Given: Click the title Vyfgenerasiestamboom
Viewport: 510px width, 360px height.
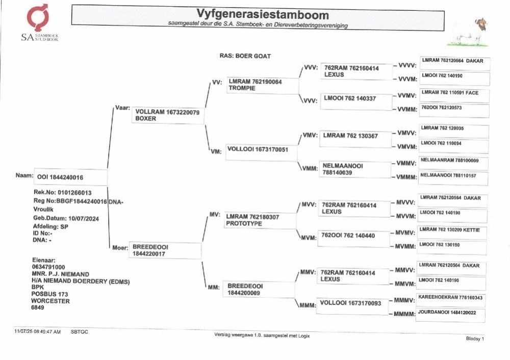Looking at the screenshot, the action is pos(263,14).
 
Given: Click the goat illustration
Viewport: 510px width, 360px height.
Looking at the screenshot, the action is pos(468,33).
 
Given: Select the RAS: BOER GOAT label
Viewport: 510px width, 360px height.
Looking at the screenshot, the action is pos(245,56).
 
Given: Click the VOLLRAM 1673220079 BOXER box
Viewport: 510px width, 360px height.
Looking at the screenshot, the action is pos(168,115).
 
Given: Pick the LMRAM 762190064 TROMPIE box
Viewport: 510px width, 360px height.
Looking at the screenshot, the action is pos(263,85).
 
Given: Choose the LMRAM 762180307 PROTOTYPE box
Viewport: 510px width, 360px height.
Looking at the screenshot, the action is pos(260,220).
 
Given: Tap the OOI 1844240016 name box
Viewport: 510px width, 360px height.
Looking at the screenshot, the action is pos(70,177).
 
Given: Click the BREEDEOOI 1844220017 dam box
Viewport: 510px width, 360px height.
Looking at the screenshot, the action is pos(165,250).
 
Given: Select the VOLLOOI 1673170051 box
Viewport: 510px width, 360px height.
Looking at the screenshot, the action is pos(261,152).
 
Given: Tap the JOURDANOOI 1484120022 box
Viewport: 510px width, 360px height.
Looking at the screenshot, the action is pos(451,316).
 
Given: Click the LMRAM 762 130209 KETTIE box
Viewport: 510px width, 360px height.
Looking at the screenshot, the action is pos(452,233).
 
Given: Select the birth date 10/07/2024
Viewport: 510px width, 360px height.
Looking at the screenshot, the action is pos(84,219).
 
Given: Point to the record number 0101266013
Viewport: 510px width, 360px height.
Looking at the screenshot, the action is pos(74,193).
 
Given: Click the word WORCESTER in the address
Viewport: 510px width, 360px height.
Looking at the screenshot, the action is pos(50,301).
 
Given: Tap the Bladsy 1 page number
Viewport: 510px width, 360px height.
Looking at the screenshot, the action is pos(475,339).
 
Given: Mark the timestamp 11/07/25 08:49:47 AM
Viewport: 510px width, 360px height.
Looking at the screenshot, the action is pos(37,332).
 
